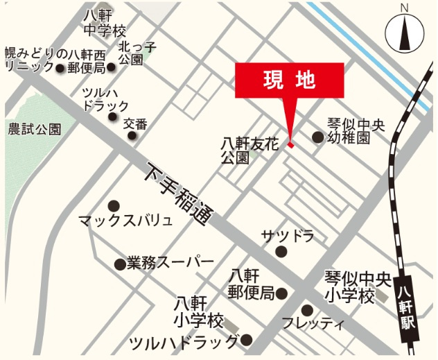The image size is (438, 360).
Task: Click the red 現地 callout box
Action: pyautogui.click(x=290, y=79)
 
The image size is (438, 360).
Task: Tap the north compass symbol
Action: pyautogui.click(x=404, y=32)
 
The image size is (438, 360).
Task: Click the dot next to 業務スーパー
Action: pyautogui.click(x=119, y=264)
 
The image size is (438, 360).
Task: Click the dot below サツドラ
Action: pyautogui.click(x=281, y=252)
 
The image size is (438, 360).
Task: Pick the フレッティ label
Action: pyautogui.click(x=313, y=324)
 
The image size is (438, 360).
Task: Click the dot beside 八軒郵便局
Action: pyautogui.click(x=281, y=293)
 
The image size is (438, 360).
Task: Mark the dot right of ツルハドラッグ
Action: pyautogui.click(x=247, y=341)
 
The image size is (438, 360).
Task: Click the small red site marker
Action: pyautogui.click(x=291, y=145)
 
